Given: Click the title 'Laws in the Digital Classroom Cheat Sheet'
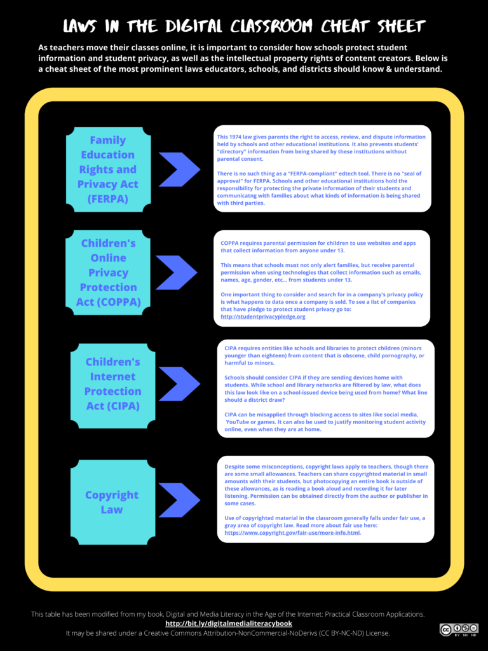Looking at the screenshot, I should (x=244, y=26).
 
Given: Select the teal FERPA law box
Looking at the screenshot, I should (x=108, y=169).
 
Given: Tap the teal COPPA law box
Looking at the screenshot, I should (x=108, y=272).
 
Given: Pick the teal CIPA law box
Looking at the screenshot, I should (x=112, y=384).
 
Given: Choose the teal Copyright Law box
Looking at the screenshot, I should (x=112, y=502).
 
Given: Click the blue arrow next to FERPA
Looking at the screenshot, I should (x=180, y=170).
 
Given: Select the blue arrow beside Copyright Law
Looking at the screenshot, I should (x=180, y=500).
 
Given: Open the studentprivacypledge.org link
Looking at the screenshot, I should (x=263, y=316).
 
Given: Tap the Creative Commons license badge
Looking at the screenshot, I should (x=458, y=629).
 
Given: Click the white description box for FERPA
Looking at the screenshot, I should (x=322, y=168).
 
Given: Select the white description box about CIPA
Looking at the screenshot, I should (x=325, y=388).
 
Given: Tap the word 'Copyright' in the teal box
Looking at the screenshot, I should (x=112, y=495).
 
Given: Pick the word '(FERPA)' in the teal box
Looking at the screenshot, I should (x=107, y=198).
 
